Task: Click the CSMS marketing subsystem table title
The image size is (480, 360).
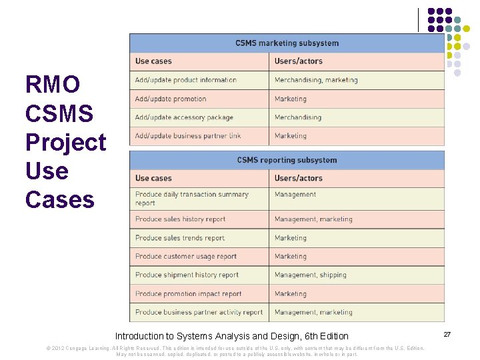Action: pos(287,43)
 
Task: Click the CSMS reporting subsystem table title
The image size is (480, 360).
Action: pos(287,160)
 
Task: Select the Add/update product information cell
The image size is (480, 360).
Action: pos(186,80)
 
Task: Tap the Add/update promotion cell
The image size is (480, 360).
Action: pos(171,99)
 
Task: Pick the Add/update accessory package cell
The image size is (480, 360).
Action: pos(184,117)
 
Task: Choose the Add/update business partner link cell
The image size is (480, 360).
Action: pos(188,136)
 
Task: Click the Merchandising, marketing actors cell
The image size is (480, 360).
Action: pos(316,80)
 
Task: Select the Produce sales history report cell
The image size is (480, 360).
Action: pos(180,219)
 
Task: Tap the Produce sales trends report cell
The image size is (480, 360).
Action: pos(180,238)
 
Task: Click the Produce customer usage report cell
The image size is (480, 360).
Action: pos(186,257)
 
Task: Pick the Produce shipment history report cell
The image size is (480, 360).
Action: pos(187,275)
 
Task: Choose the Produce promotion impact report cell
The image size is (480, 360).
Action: pos(189,293)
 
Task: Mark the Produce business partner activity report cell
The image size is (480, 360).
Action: pos(199,312)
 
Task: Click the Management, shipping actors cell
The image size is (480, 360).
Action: pos(311,275)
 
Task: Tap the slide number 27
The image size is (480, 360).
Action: pos(447,334)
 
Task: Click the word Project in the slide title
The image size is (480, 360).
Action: pos(65,142)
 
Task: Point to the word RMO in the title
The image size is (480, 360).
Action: pos(53,85)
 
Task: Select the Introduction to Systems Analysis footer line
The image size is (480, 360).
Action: pos(231,336)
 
